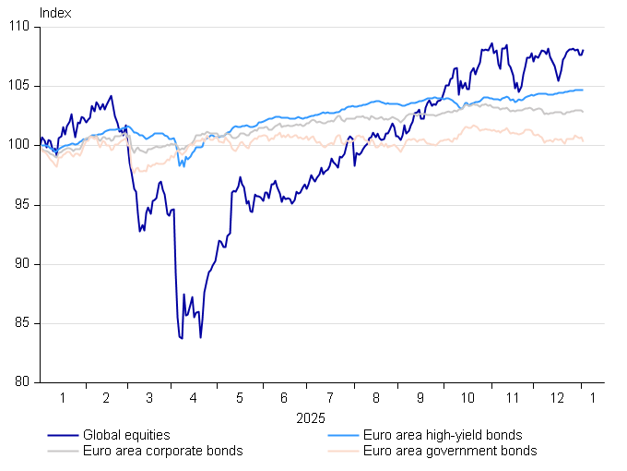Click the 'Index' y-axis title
(54, 14)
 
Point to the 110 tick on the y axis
(23, 28)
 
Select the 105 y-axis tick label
(23, 87)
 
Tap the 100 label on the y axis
(23, 146)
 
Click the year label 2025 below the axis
(311, 418)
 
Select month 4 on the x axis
(194, 399)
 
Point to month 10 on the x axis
(467, 399)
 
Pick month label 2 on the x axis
(106, 399)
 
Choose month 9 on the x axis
(420, 399)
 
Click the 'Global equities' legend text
(126, 435)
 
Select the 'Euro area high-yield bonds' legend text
(443, 435)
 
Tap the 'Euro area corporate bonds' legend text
(162, 451)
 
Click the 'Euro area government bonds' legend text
(450, 451)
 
